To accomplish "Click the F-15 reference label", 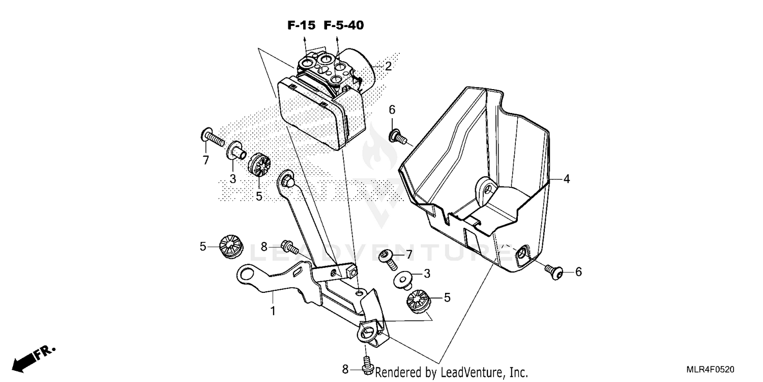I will [302, 25].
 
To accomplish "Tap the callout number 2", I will [388, 66].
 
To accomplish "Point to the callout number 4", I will [566, 179].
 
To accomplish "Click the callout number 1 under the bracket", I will [273, 310].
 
